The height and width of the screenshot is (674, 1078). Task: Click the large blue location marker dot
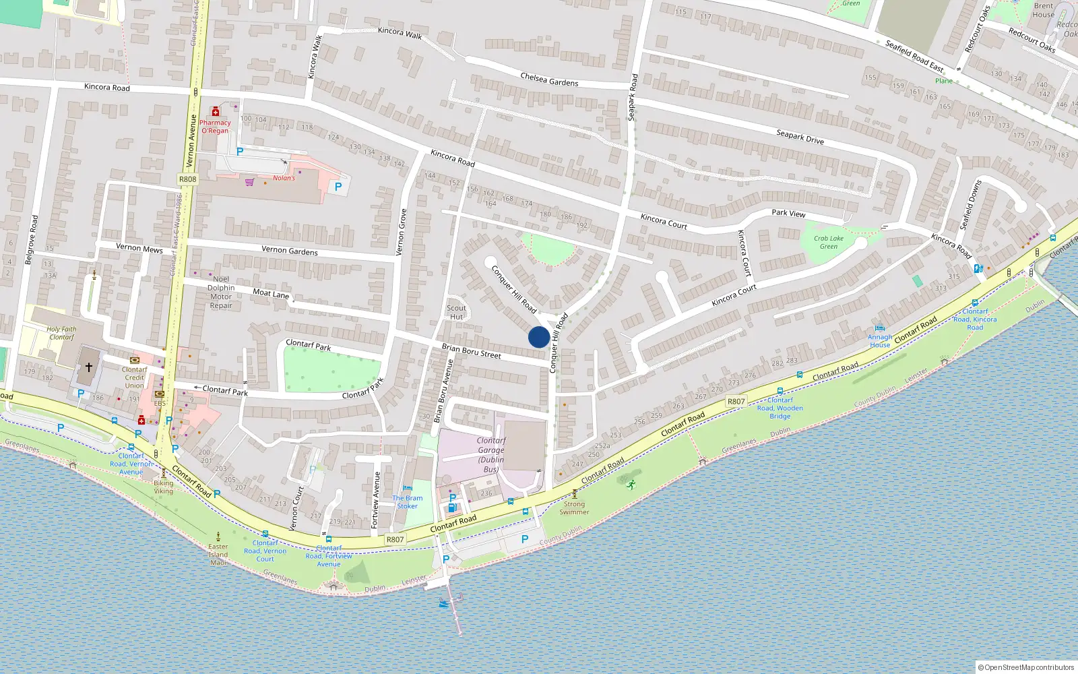[538, 337]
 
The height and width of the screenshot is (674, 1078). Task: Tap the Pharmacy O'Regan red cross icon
[216, 112]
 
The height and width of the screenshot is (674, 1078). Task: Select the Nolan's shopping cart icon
[250, 182]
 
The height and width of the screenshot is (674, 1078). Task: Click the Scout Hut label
[456, 312]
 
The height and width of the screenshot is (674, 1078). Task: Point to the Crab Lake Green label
[828, 242]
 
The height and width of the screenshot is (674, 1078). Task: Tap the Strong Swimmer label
[574, 508]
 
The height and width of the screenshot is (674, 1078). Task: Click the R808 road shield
[188, 179]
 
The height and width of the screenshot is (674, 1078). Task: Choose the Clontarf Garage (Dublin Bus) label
[491, 454]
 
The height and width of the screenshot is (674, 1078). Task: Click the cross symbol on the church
[88, 367]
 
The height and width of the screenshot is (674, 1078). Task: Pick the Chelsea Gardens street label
[549, 80]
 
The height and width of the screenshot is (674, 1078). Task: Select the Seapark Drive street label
[800, 137]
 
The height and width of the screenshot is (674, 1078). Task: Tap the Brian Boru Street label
[471, 350]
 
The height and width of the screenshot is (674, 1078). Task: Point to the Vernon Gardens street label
[290, 250]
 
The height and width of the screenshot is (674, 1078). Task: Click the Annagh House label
[879, 340]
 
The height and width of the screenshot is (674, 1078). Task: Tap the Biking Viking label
[163, 487]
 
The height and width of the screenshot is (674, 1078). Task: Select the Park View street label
[788, 213]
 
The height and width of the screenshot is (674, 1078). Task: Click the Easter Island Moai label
[218, 554]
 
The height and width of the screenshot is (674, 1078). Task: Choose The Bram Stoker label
[407, 501]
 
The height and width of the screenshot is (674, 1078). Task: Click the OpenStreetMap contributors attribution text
[1029, 667]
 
